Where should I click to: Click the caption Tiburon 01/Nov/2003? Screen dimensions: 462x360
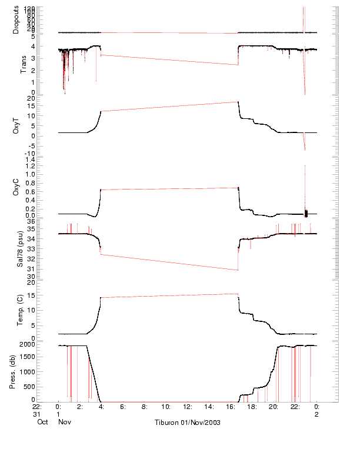(187, 423)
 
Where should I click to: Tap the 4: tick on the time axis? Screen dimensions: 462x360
(101, 406)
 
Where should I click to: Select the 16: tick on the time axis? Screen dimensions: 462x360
(231, 406)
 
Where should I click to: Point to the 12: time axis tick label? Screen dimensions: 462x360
(187, 406)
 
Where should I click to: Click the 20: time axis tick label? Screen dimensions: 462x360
(274, 406)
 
